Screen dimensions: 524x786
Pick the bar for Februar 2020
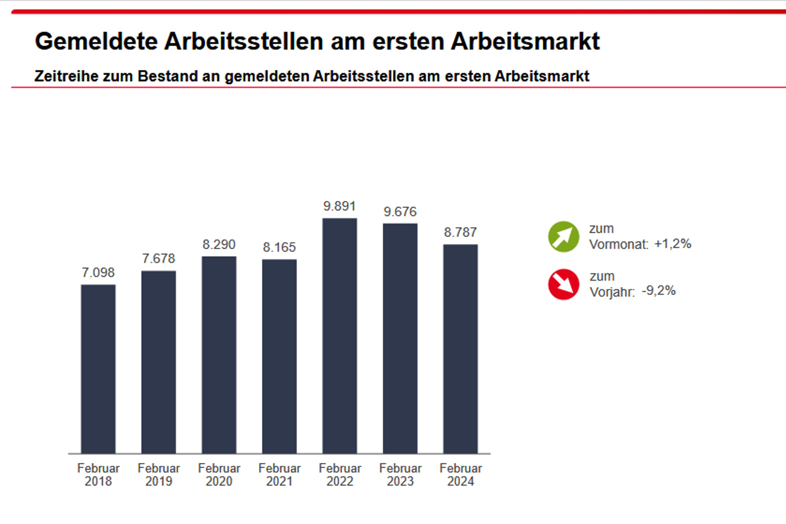point(219,355)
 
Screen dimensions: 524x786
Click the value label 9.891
point(340,206)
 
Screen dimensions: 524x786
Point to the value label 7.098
point(98,272)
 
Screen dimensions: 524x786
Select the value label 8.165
point(279,247)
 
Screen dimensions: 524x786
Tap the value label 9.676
point(400,212)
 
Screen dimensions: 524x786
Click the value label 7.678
point(158,259)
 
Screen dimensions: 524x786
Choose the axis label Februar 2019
point(159,475)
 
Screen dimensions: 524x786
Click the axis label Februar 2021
point(279,475)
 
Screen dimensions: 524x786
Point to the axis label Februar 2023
point(400,475)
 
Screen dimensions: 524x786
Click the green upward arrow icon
point(563,236)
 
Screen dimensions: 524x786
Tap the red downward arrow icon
point(563,284)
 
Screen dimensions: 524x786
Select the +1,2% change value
point(673,244)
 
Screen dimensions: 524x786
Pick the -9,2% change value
point(659,291)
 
